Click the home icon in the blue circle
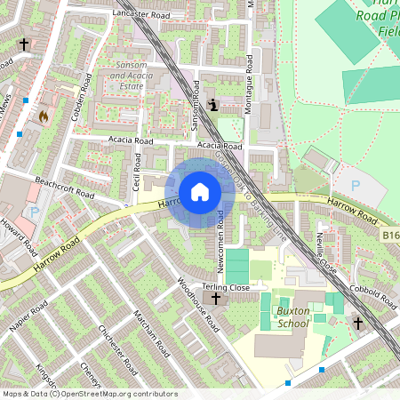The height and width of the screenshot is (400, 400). (x=200, y=192)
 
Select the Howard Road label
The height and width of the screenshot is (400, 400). (x=18, y=236)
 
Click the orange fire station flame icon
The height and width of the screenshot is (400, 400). (x=42, y=116)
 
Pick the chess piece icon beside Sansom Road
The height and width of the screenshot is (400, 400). (x=212, y=105)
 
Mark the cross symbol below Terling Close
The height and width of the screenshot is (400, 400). (x=215, y=300)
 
